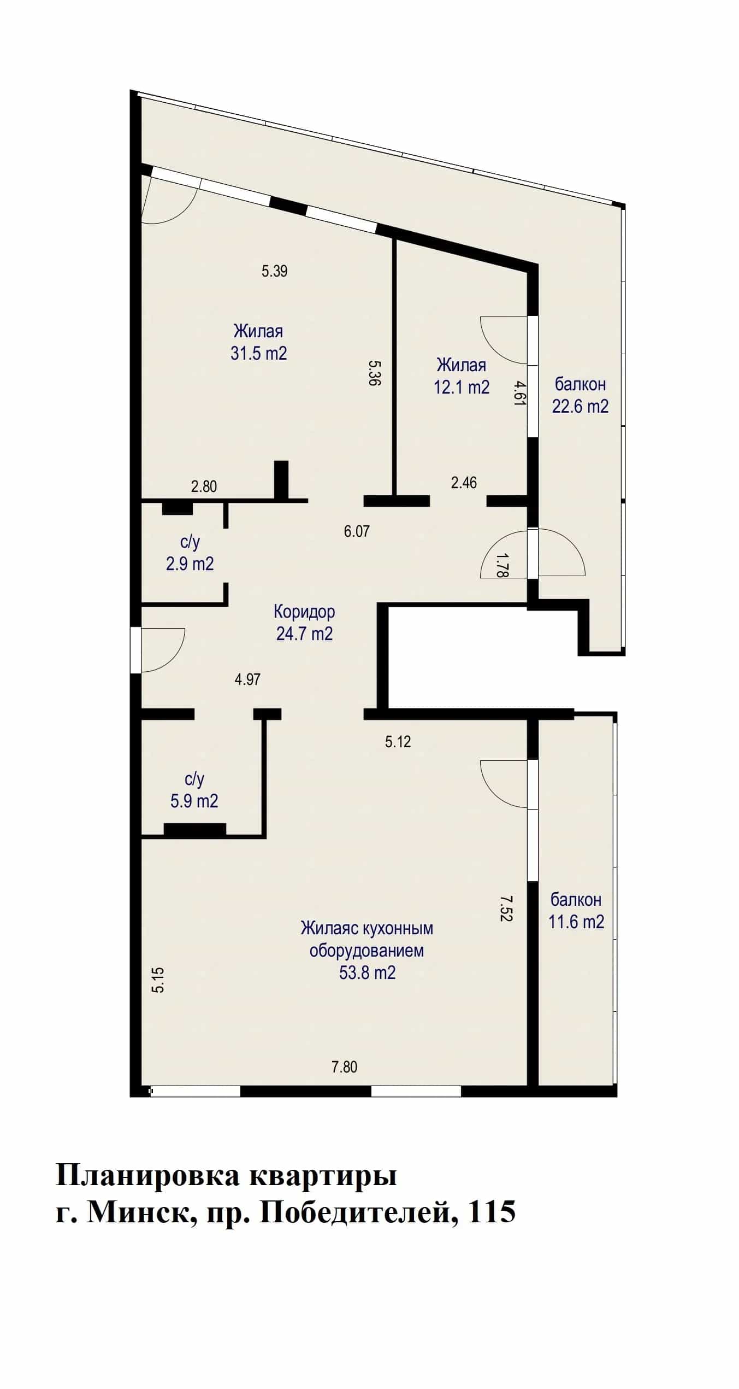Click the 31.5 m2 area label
(258, 353)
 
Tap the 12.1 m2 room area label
(462, 387)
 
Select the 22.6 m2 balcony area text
(580, 406)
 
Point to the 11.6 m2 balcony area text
(576, 922)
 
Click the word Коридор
(304, 611)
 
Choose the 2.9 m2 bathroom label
(190, 563)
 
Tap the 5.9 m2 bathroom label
(194, 801)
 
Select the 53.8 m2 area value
(367, 972)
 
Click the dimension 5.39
(274, 271)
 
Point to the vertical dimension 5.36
(374, 373)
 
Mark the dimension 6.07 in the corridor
(357, 531)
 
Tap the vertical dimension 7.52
(505, 908)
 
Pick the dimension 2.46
(464, 482)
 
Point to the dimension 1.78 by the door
(502, 565)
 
